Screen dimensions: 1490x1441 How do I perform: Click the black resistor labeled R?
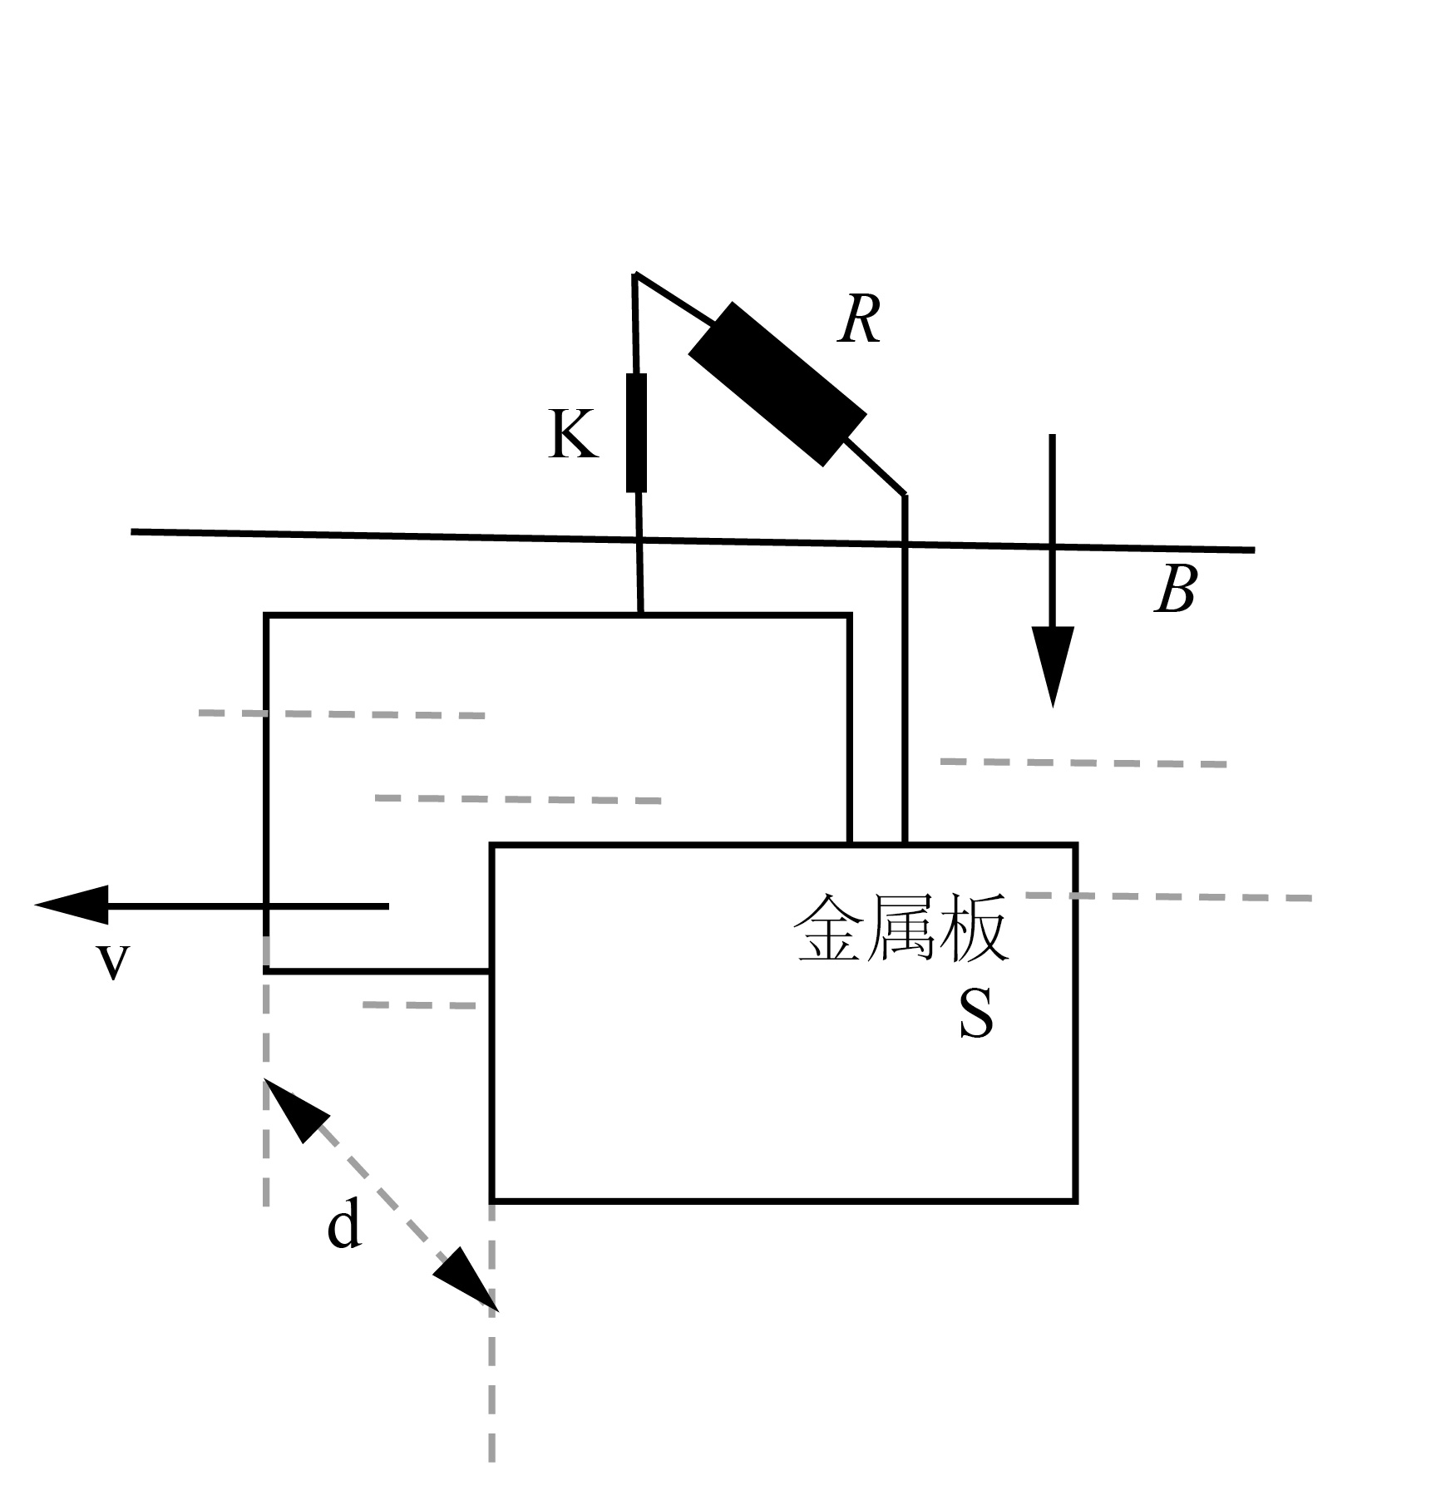pos(777,383)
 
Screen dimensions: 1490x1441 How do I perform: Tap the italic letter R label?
pos(859,320)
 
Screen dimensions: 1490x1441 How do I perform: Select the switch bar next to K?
pos(636,433)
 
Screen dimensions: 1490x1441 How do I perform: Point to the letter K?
pos(573,434)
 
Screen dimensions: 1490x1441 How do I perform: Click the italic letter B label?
pos(1176,590)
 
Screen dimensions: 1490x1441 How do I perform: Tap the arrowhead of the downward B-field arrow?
pos(1053,665)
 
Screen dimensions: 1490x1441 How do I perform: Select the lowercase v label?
pos(113,962)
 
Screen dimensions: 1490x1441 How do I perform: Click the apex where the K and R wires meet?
pos(635,274)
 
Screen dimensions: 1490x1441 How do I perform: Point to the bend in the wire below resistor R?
pos(905,495)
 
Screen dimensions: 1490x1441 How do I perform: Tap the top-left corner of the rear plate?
pos(266,615)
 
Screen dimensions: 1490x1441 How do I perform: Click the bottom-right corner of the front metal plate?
pos(1076,1201)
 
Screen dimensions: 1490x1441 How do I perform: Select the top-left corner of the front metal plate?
pos(492,846)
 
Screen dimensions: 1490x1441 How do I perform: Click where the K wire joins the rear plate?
pos(640,614)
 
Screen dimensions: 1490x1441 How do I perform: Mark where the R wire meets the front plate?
pos(905,845)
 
